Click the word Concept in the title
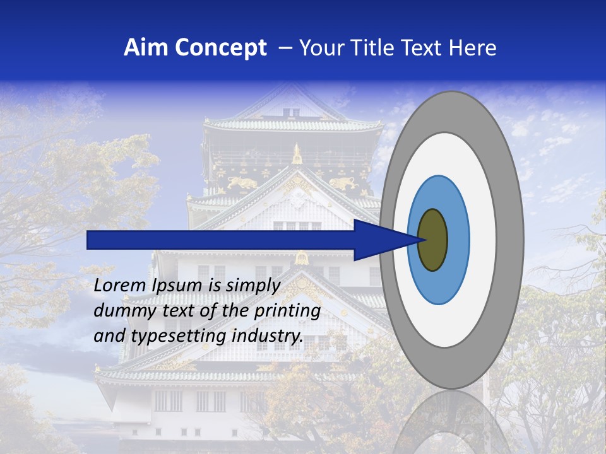pyautogui.click(x=220, y=48)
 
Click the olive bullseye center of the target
pyautogui.click(x=433, y=240)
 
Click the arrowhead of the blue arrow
pyautogui.click(x=385, y=240)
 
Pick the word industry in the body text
pyautogui.click(x=267, y=336)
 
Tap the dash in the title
pyautogui.click(x=285, y=49)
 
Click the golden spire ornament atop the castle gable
pyautogui.click(x=297, y=153)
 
